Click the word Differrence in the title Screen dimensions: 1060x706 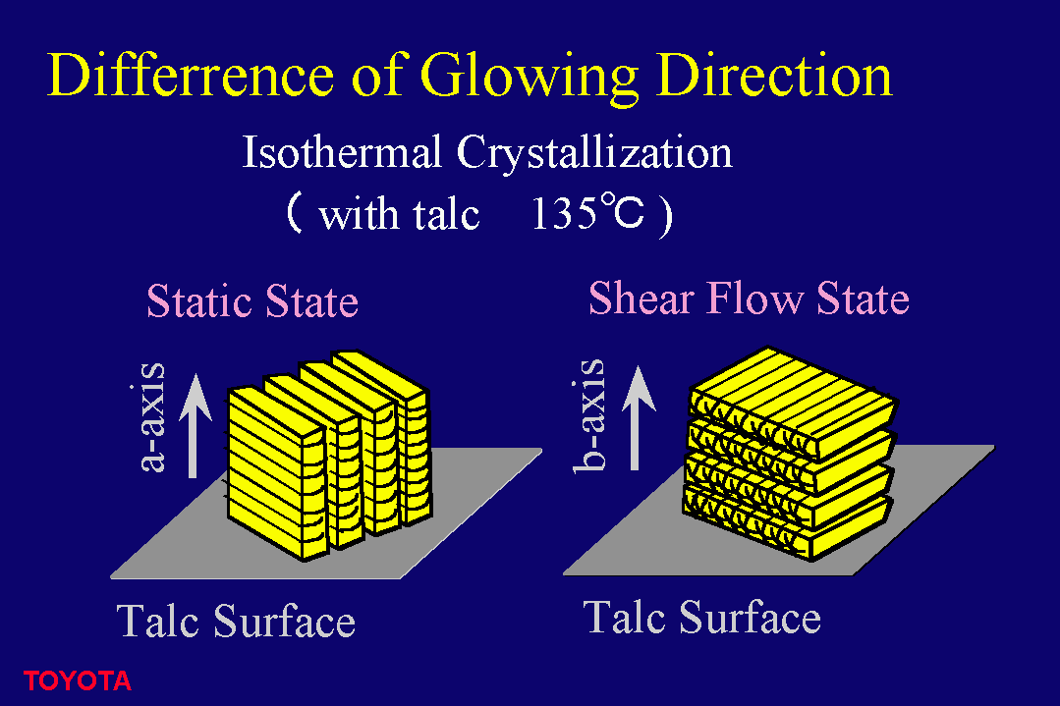point(190,75)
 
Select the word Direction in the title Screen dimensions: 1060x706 point(775,75)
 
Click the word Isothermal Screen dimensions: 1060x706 point(342,151)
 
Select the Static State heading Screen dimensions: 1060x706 point(252,300)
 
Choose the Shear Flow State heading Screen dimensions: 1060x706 point(749,298)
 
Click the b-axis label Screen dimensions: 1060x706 point(588,414)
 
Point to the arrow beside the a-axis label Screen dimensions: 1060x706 point(194,425)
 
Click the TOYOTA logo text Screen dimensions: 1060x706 point(77,681)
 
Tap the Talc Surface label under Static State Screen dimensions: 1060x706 point(235,621)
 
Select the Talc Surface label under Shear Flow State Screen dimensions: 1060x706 point(701,617)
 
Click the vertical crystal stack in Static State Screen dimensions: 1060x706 point(328,456)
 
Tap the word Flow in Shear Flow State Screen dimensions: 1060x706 point(755,298)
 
